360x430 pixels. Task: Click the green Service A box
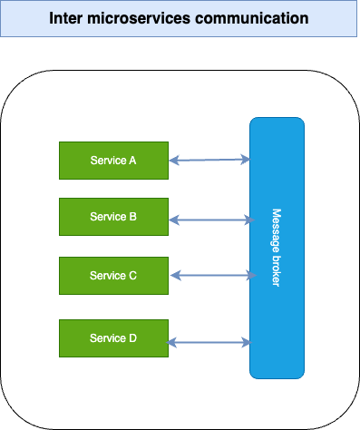coord(112,161)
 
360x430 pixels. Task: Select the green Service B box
coord(112,217)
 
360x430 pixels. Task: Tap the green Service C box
coord(112,275)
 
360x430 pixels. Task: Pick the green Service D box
coord(112,337)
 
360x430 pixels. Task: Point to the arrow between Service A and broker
coord(209,161)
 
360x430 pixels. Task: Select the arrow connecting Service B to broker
coord(209,219)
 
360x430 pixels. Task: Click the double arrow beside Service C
coord(209,275)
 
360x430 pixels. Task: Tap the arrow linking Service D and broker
coord(209,342)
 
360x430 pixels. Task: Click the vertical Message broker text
coord(277,248)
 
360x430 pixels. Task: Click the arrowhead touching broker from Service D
coord(246,342)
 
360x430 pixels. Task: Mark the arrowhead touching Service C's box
coord(173,275)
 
